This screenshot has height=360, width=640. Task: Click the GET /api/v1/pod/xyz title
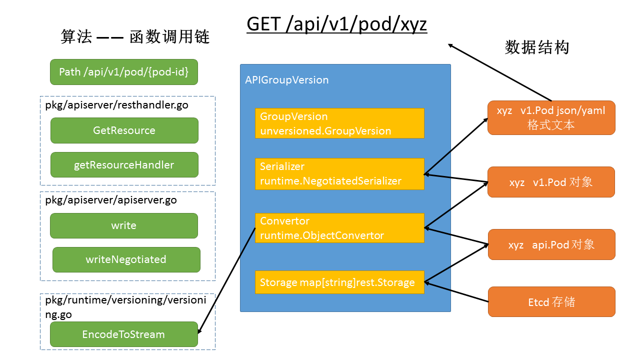337,24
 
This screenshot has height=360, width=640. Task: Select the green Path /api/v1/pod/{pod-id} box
124,72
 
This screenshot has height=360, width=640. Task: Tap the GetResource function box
124,130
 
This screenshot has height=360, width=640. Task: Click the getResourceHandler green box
124,165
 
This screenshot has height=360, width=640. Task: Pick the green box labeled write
124,225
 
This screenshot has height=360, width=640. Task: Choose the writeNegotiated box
126,259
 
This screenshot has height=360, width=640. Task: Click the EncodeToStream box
124,334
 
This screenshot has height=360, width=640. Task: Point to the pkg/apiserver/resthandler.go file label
116,105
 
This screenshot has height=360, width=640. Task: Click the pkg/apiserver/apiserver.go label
111,200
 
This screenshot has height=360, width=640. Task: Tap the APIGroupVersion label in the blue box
287,80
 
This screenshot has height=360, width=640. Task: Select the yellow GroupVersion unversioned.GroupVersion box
339,123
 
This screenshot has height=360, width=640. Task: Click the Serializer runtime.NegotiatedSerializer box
339,173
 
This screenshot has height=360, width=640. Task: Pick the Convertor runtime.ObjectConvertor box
339,228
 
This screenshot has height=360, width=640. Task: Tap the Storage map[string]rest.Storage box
339,282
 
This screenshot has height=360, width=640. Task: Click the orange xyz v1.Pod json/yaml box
551,117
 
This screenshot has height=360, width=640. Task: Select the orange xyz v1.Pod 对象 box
551,182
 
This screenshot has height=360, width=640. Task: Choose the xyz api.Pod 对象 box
551,244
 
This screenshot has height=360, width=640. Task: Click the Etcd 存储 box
551,301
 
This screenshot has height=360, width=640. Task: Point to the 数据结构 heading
537,47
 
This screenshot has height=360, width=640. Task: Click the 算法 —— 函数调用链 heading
135,37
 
